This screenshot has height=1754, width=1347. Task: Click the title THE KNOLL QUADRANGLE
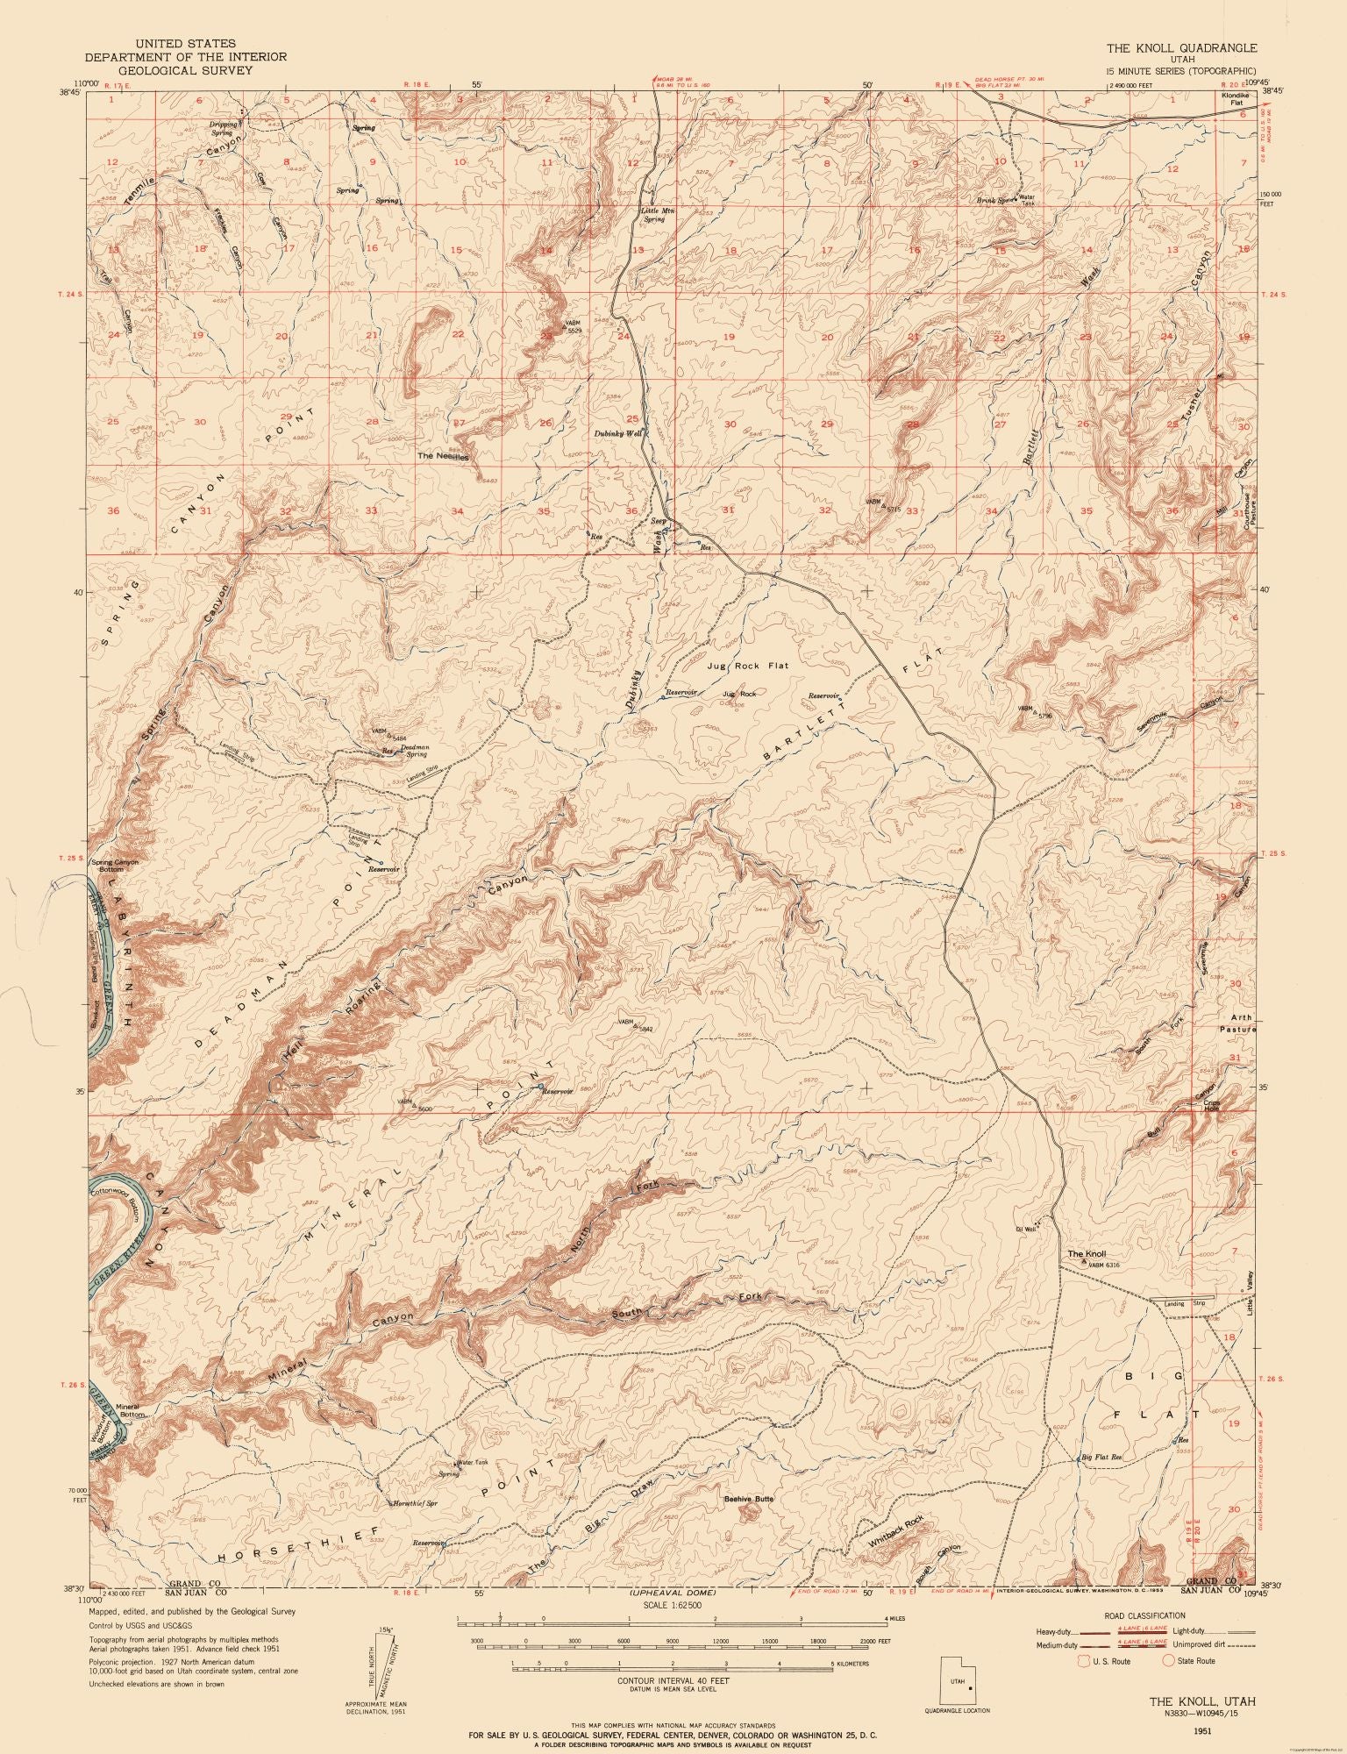[x=1180, y=48]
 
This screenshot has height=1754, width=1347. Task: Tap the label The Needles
[x=444, y=456]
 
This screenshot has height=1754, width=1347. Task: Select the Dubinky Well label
[x=619, y=433]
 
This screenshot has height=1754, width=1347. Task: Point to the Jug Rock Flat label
[x=748, y=666]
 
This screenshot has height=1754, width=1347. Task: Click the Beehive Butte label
[x=748, y=1499]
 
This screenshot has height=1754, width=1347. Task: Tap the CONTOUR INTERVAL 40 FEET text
[x=673, y=1697]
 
